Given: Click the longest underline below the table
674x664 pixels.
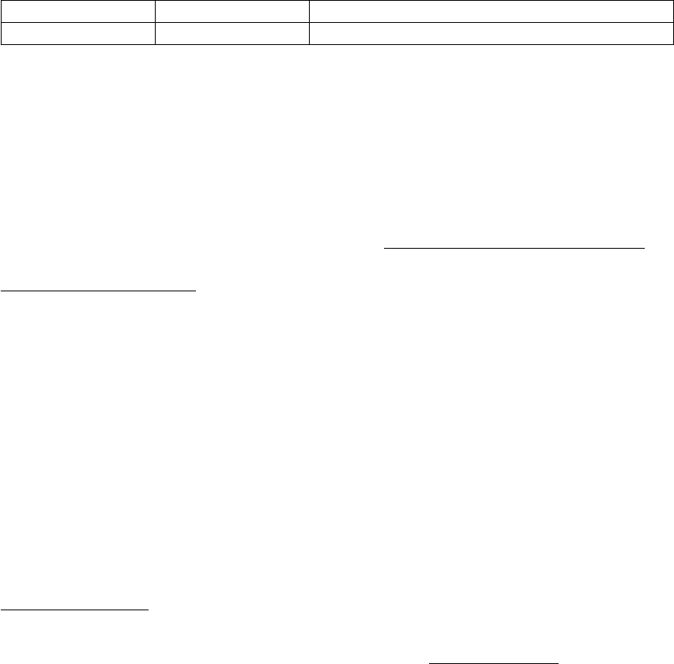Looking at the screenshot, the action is (x=514, y=247).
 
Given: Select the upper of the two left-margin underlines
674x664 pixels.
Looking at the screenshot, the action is (x=98, y=290).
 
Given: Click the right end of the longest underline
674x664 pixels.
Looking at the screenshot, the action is (x=646, y=247).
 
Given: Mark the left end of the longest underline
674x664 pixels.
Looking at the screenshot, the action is (x=384, y=247).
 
